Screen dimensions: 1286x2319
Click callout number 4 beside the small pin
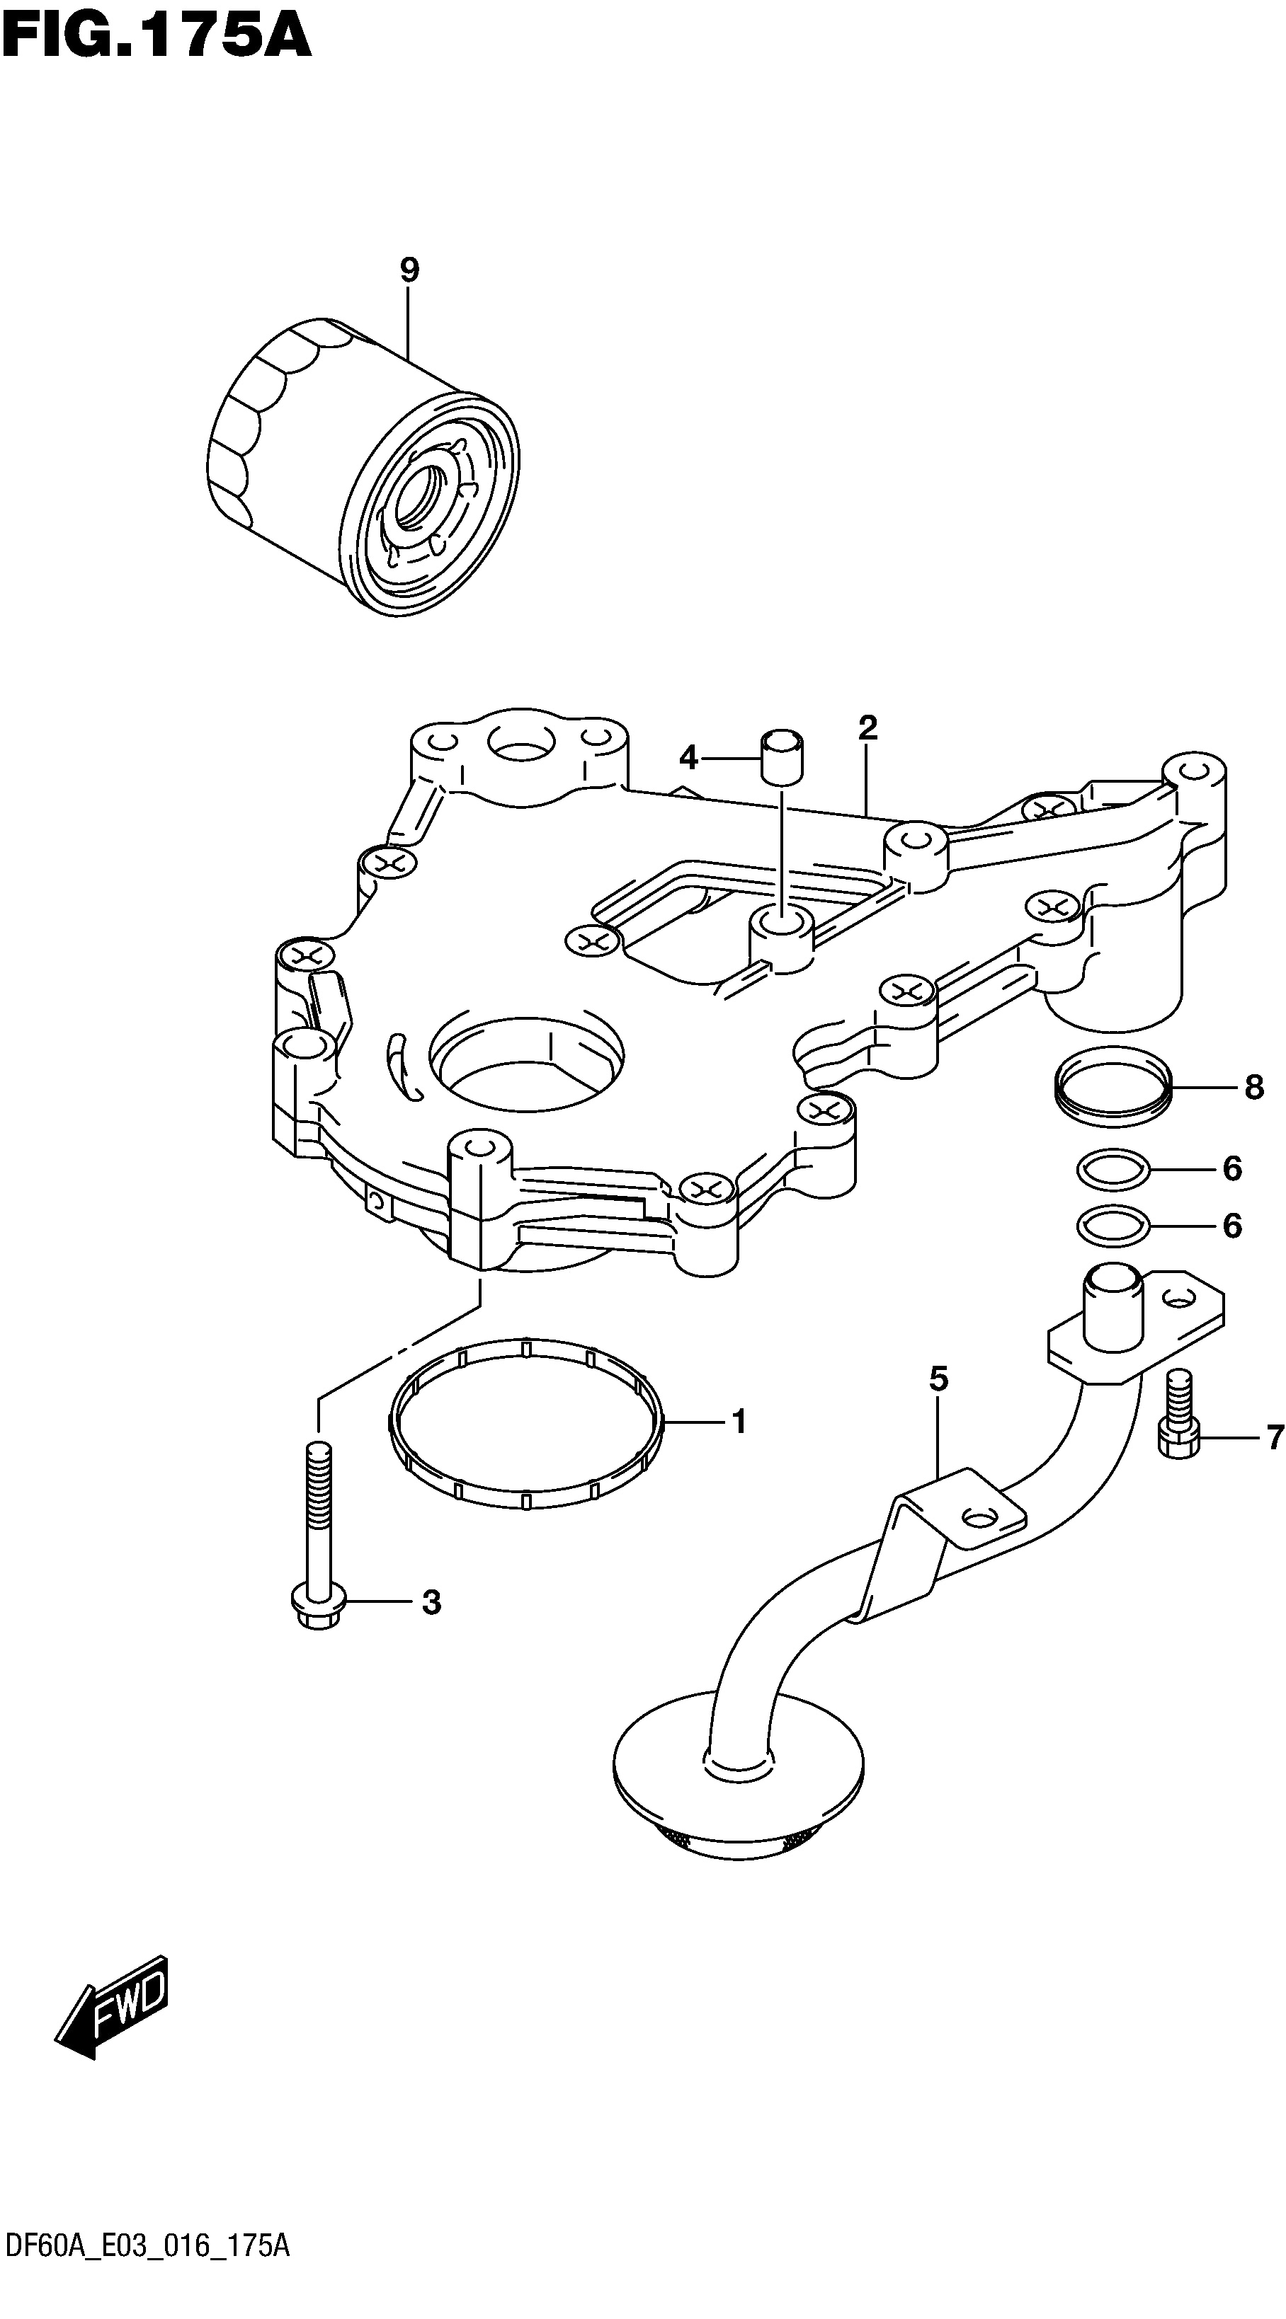(688, 759)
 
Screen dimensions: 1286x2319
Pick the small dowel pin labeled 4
(782, 758)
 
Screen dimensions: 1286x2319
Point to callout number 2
(867, 727)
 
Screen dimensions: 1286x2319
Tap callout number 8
(1253, 1088)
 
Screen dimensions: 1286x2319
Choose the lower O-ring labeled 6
(1113, 1226)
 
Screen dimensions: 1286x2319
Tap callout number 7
(1273, 1439)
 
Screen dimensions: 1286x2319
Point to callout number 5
(938, 1379)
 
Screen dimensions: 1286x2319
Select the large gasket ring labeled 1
(527, 1422)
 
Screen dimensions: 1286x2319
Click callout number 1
(739, 1422)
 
